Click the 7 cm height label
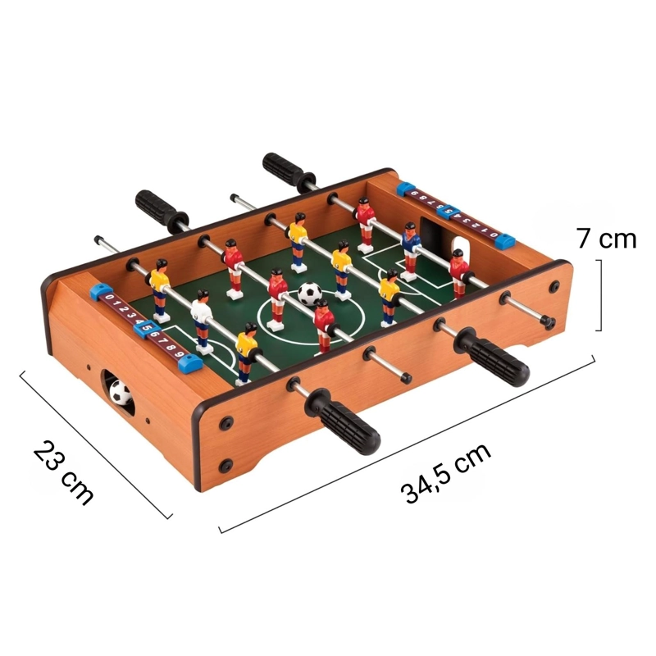[x=607, y=239]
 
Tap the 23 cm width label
[x=63, y=473]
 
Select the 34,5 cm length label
[x=446, y=473]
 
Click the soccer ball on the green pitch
[x=310, y=294]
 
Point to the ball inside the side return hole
[x=120, y=392]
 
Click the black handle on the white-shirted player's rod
[x=343, y=422]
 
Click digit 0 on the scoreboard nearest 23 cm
[x=110, y=298]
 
